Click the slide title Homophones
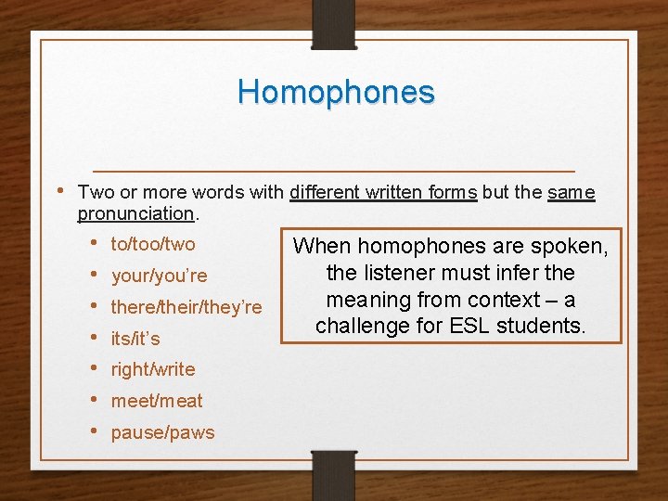click(x=335, y=92)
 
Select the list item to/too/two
click(x=153, y=244)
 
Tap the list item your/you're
click(x=159, y=276)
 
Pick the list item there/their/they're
click(x=186, y=307)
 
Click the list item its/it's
click(x=135, y=339)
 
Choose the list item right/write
click(x=153, y=369)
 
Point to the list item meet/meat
click(x=157, y=401)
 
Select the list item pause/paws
click(x=162, y=432)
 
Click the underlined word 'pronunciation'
click(x=135, y=213)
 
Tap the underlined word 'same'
click(x=571, y=193)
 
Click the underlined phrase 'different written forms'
click(x=383, y=193)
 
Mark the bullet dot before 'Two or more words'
click(x=59, y=191)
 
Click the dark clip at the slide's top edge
click(x=334, y=24)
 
